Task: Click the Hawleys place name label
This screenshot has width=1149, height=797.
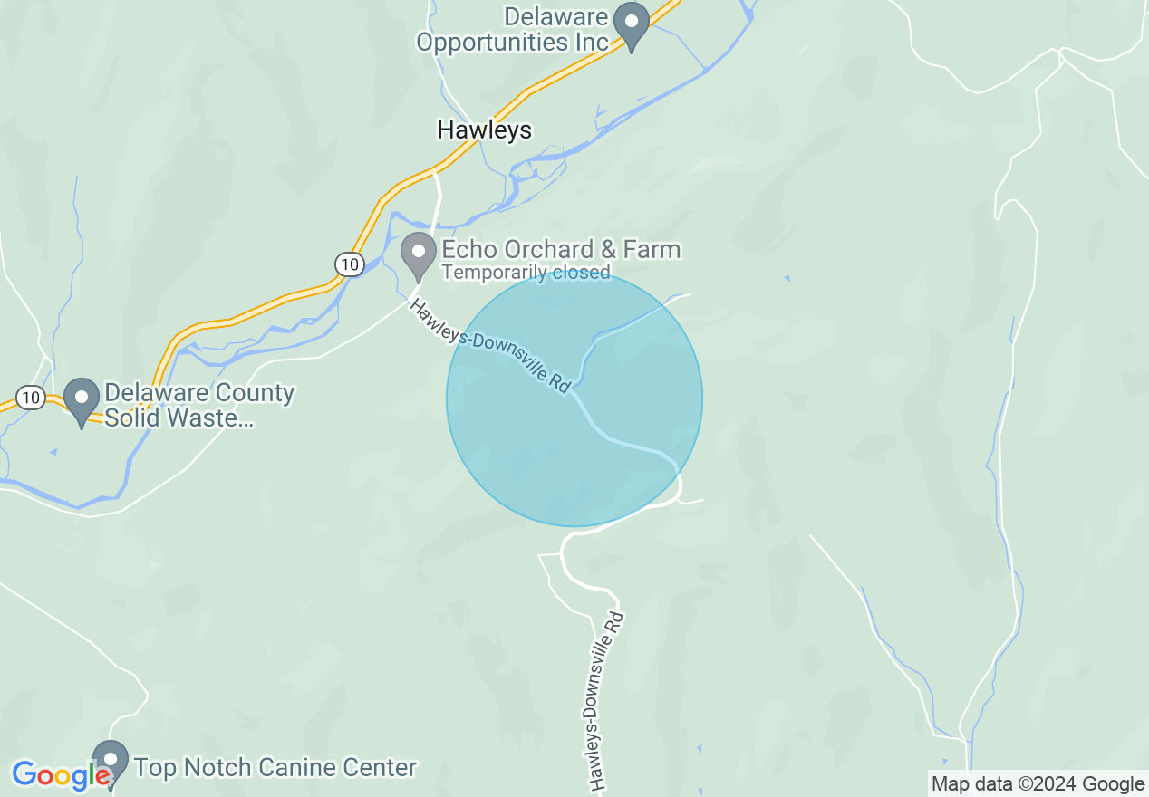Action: pyautogui.click(x=484, y=130)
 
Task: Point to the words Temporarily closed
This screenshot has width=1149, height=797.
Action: pyautogui.click(x=526, y=272)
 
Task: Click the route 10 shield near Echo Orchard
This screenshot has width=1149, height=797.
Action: pyautogui.click(x=349, y=264)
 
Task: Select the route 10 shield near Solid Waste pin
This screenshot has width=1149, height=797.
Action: pyautogui.click(x=31, y=398)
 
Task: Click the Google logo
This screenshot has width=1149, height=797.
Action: pyautogui.click(x=61, y=775)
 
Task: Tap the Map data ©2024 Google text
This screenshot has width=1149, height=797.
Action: pyautogui.click(x=1038, y=784)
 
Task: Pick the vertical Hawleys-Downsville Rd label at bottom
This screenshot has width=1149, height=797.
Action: pyautogui.click(x=603, y=702)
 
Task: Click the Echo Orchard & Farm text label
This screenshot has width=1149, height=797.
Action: pyautogui.click(x=560, y=249)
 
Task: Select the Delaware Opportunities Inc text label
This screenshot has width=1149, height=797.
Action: pyautogui.click(x=512, y=29)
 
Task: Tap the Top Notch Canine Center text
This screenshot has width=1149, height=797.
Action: pyautogui.click(x=275, y=768)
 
